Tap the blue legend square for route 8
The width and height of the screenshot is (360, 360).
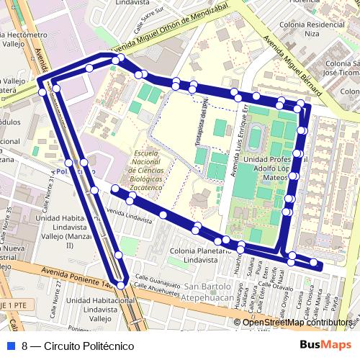(x=10, y=346)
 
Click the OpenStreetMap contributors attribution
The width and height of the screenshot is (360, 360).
(x=297, y=323)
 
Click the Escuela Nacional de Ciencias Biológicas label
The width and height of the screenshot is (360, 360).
(x=151, y=169)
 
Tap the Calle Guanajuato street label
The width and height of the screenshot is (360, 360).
(x=160, y=276)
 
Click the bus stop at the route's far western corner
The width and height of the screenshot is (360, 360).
(x=40, y=82)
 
